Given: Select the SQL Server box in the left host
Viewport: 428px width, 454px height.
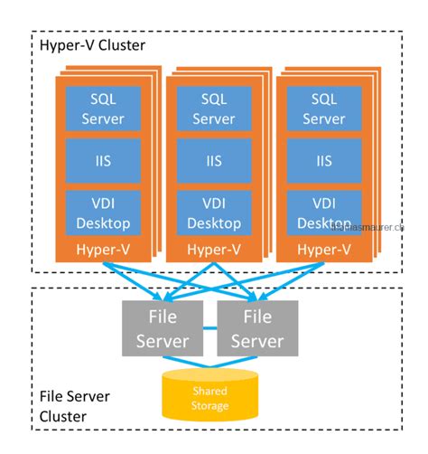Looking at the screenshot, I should [x=96, y=108].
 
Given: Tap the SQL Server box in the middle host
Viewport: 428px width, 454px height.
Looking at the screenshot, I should [x=207, y=108].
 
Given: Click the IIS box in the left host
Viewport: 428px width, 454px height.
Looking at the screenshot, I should [x=96, y=160].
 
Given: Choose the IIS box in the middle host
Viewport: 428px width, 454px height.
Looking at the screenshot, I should [x=207, y=160].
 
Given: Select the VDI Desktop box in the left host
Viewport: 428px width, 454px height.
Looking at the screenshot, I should [x=96, y=213].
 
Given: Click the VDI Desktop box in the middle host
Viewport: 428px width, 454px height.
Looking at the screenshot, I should [x=207, y=213].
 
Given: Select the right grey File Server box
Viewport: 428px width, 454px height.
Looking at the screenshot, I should [x=257, y=329].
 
